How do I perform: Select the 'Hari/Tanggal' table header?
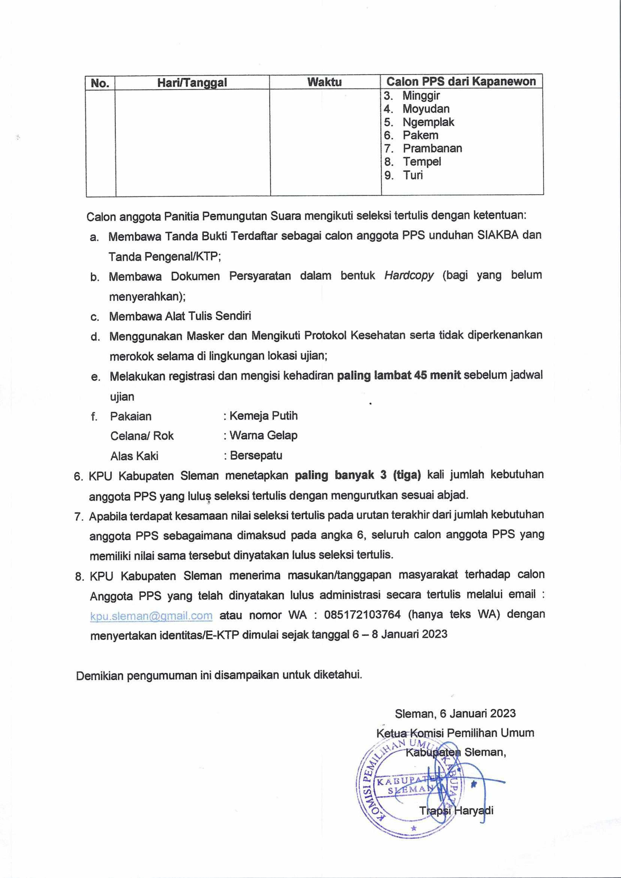192,83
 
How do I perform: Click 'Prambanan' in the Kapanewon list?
432,148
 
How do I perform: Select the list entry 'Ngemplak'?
428,122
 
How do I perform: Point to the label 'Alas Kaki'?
134,456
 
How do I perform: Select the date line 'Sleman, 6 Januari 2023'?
455,713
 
